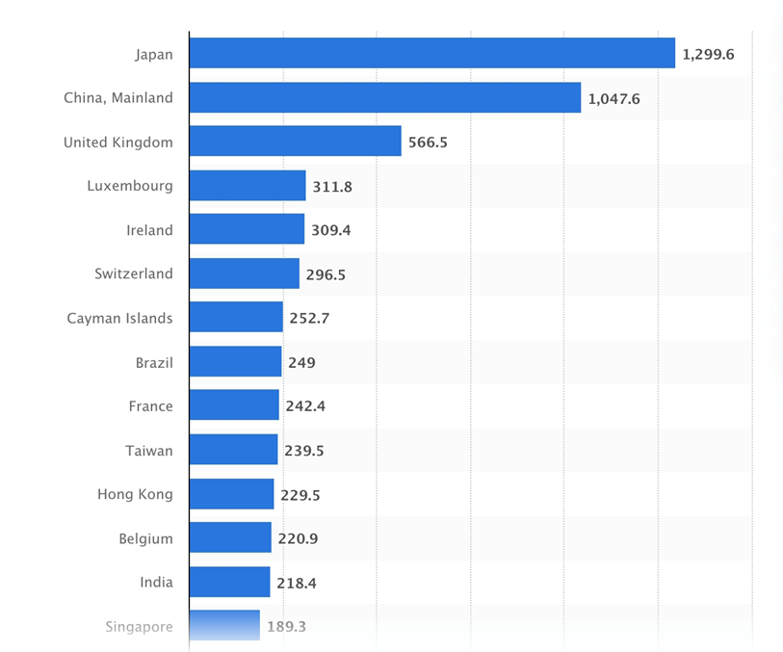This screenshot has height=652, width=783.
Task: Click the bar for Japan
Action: (x=431, y=54)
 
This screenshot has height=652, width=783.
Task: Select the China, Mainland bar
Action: (x=385, y=97)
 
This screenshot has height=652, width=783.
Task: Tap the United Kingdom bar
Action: (x=295, y=142)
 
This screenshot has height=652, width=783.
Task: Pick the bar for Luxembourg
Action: (x=248, y=186)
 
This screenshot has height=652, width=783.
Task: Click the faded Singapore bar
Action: (x=224, y=626)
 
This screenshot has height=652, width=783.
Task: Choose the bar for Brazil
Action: (x=235, y=362)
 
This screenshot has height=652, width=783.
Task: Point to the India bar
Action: (x=229, y=582)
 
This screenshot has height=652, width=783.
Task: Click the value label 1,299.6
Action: (x=708, y=55)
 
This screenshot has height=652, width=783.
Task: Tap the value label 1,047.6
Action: (x=613, y=98)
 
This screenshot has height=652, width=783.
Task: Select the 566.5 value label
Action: (x=428, y=143)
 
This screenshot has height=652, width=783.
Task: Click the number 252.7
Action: (x=309, y=318)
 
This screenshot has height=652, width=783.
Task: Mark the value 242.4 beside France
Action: (x=305, y=406)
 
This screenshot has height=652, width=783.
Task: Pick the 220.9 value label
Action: (x=298, y=538)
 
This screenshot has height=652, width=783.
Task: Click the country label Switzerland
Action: (x=134, y=274)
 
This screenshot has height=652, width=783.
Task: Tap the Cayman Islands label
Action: (x=120, y=318)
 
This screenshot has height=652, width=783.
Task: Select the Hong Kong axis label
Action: (x=135, y=494)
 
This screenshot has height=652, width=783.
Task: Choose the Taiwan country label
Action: (x=149, y=450)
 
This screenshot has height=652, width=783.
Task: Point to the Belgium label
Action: (x=146, y=538)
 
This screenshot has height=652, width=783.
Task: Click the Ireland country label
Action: (x=149, y=230)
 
